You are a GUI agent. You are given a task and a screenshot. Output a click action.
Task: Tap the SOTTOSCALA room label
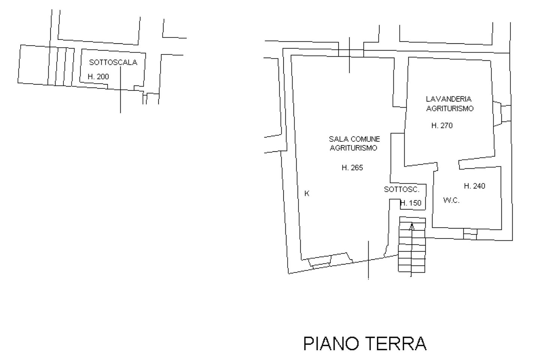(x=113, y=63)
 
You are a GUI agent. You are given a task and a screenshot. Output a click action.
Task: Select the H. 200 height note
(x=98, y=76)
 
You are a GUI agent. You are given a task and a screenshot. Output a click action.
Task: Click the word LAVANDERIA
(x=448, y=99)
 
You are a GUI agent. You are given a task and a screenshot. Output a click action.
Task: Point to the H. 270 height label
(x=442, y=126)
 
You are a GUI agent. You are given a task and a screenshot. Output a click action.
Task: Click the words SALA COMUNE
(x=354, y=139)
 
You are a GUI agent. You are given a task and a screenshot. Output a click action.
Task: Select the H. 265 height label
(x=352, y=168)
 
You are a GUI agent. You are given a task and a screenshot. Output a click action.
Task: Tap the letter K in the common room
(x=307, y=193)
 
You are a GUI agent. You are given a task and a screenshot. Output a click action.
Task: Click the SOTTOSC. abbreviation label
(x=402, y=189)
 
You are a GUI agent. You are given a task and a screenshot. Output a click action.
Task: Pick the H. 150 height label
(x=411, y=203)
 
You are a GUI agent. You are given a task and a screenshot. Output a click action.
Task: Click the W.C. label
(x=451, y=200)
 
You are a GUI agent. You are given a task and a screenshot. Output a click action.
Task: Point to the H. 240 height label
(x=474, y=186)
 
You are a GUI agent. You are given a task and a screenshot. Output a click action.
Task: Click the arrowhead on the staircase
(x=412, y=226)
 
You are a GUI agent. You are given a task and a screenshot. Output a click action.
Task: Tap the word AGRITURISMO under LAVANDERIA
(x=450, y=108)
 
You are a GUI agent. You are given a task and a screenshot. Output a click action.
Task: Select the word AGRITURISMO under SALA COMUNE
(x=353, y=148)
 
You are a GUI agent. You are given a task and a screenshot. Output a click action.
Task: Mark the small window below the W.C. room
(x=470, y=234)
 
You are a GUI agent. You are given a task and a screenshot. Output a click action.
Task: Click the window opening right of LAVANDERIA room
(x=502, y=114)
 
